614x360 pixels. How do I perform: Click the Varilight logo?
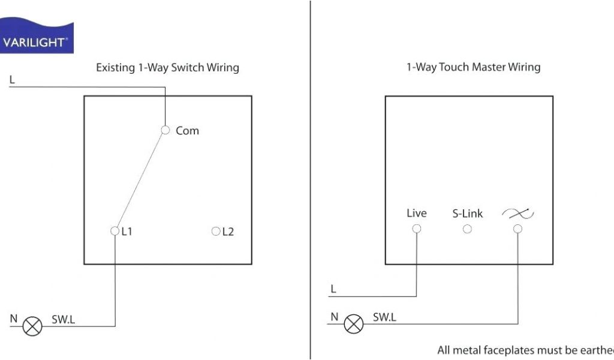[36, 37]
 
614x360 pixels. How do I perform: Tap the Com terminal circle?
[165, 130]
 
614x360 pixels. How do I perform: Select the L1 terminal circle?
[115, 231]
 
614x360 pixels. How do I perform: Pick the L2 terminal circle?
[216, 231]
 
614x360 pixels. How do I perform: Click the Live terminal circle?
[417, 229]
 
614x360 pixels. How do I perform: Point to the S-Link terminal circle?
[467, 229]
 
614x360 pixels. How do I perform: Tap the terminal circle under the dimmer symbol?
[517, 229]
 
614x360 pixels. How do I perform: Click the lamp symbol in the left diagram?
[32, 326]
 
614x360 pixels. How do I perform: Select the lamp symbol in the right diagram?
[354, 324]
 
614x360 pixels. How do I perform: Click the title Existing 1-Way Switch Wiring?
[167, 67]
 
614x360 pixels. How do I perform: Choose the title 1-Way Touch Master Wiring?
[473, 67]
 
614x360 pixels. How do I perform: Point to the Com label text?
[187, 130]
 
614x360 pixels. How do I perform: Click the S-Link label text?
[467, 214]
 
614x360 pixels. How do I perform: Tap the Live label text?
[417, 213]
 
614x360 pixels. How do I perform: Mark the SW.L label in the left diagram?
[63, 320]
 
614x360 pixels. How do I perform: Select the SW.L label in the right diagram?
[384, 317]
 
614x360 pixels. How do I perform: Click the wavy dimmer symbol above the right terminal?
[518, 213]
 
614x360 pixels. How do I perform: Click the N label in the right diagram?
[335, 317]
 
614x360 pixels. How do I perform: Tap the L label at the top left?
[12, 79]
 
